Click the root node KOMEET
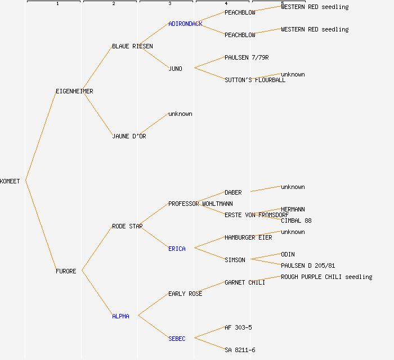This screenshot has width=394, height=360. pos(10,181)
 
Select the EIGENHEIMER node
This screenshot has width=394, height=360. pos(74,91)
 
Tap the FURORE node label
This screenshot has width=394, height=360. pos(66,271)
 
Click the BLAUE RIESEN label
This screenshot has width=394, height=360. pos(132,46)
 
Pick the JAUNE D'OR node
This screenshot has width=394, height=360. pos(129,136)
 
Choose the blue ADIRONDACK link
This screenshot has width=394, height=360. pos(185,24)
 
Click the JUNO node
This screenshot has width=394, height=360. pos(175,69)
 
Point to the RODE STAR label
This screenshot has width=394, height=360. pos(127,226)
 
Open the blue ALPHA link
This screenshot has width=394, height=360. pos(120,316)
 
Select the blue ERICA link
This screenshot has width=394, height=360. pos(177,249)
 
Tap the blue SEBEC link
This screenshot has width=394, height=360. pos(177,339)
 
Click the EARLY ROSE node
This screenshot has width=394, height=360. pos(185,294)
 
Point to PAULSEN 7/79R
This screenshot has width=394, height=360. pos(247,57)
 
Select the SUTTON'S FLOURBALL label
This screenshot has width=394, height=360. pos(255,80)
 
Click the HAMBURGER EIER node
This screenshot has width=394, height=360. pos(248,237)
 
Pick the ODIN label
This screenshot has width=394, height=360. pos(288,254)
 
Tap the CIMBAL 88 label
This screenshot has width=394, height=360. pos(296,220)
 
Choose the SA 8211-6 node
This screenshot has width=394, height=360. pos(240,350)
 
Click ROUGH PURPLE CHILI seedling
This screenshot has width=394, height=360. pos(326,277)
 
